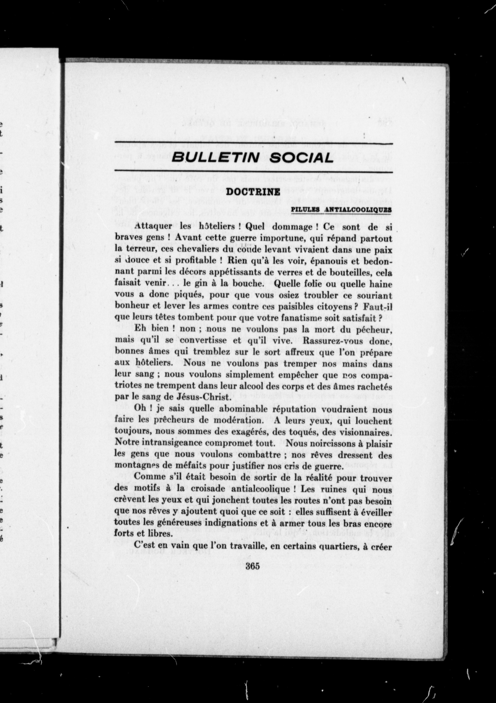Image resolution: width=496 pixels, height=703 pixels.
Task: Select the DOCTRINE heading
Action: click(x=253, y=192)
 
